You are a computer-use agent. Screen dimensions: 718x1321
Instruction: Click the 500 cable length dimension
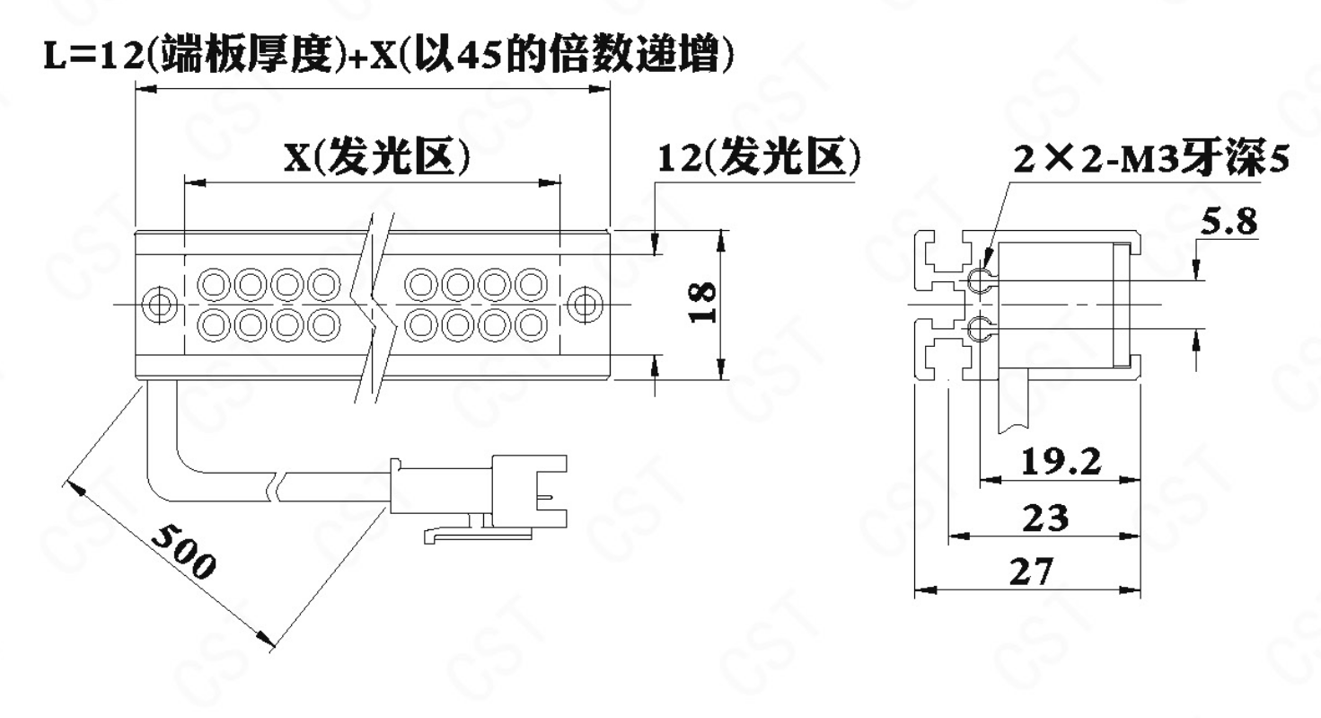point(183,549)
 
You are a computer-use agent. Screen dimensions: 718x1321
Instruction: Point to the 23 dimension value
point(1046,519)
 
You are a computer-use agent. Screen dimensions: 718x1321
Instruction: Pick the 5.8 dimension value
point(1229,222)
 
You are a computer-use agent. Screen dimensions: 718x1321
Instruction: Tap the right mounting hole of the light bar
point(586,305)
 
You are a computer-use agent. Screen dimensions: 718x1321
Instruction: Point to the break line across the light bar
point(374,297)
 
